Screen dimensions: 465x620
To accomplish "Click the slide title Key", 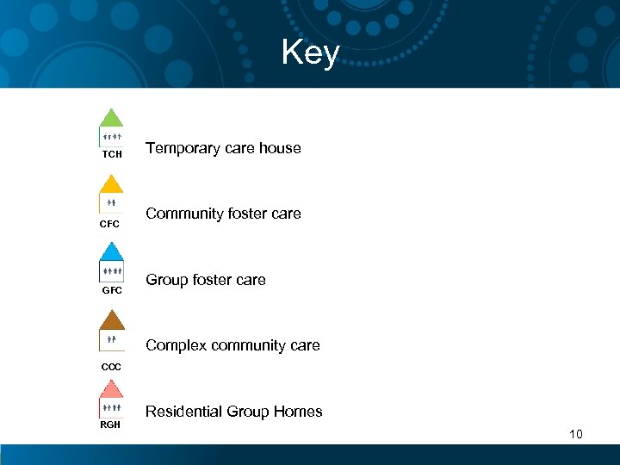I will [x=310, y=53].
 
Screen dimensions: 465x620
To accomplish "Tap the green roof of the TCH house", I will [x=111, y=120].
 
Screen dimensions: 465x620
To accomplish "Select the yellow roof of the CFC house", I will [x=111, y=185].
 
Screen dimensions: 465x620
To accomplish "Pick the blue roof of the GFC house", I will [x=111, y=252].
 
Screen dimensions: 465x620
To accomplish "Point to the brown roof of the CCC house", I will [x=111, y=321].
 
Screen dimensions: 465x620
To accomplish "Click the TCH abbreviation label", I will [x=112, y=155].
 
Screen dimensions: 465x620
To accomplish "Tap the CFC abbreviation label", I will [x=109, y=224].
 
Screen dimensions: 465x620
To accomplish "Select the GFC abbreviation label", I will [x=112, y=291].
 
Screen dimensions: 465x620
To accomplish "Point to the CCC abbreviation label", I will [x=111, y=367].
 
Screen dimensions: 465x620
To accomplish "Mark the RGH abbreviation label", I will [x=110, y=425].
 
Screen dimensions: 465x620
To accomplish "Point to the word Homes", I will [x=297, y=412].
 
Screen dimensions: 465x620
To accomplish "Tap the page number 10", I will [x=575, y=434].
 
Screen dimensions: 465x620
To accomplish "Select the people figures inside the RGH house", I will [x=111, y=406].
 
